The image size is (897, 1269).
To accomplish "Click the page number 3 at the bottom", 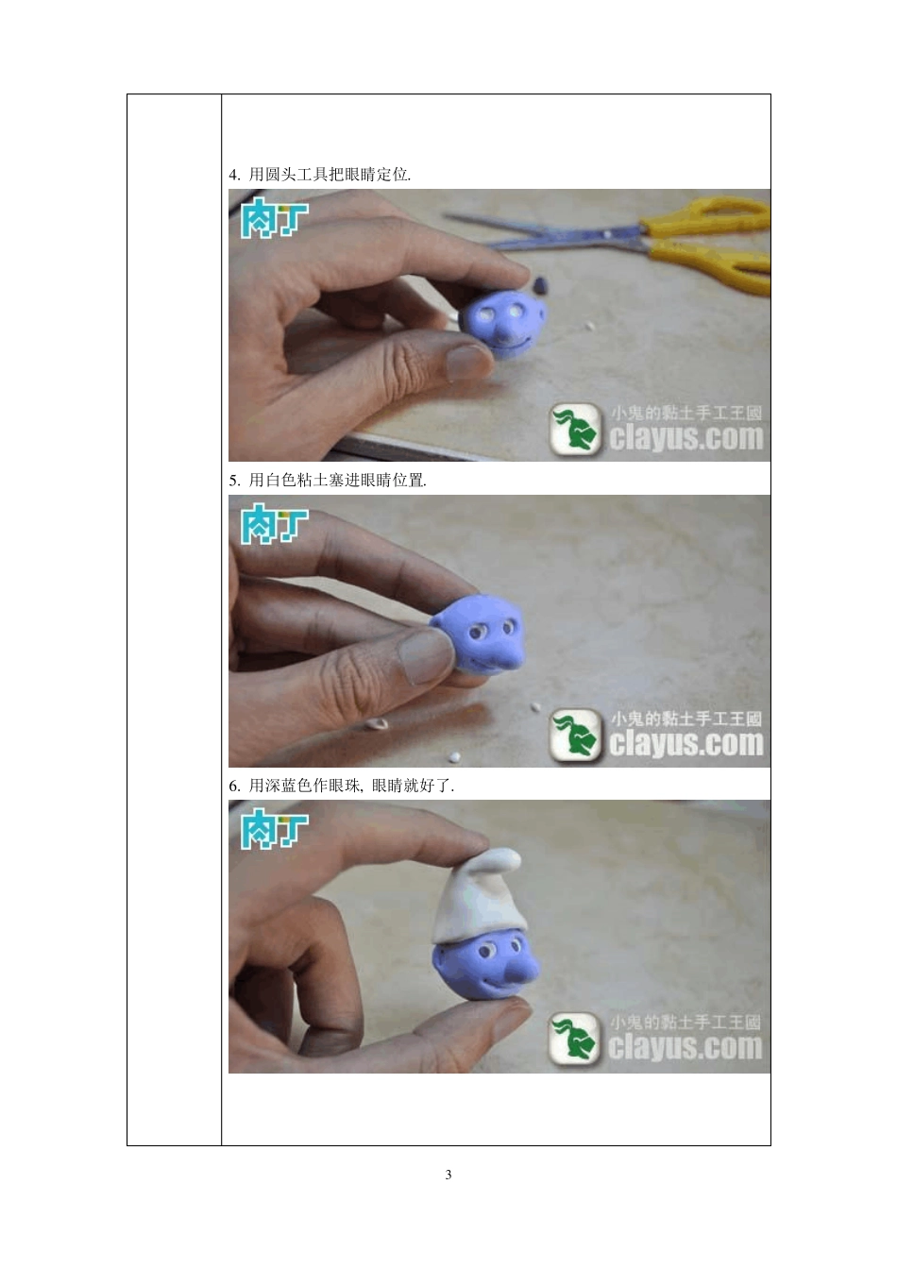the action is (448, 1175).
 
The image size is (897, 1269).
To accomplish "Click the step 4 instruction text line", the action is (319, 175).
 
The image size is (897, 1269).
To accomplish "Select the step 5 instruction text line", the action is (328, 481).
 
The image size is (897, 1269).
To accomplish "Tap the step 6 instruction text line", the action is (342, 786).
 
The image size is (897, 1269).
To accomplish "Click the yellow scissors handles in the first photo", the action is (708, 244).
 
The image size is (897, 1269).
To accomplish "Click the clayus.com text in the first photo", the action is (686, 438).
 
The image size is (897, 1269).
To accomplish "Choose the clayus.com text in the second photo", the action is (686, 743).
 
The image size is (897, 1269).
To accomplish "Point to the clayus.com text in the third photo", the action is (685, 1047).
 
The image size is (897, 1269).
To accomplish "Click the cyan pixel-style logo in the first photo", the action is (274, 217).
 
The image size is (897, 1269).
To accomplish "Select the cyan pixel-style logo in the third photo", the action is (274, 828).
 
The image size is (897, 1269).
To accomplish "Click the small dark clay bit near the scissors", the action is (541, 284).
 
